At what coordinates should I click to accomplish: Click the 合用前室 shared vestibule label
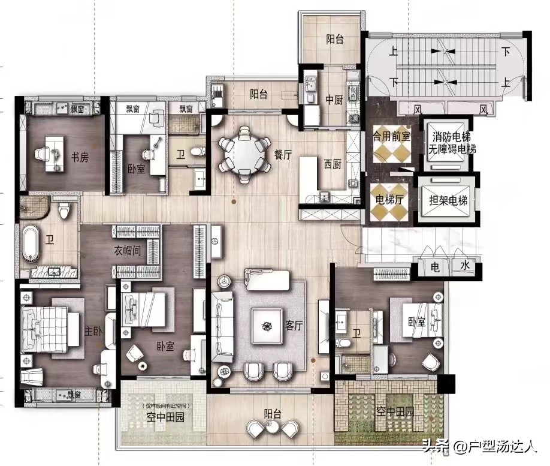pyautogui.click(x=391, y=136)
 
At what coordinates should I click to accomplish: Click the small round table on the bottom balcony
pyautogui.click(x=271, y=426)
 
